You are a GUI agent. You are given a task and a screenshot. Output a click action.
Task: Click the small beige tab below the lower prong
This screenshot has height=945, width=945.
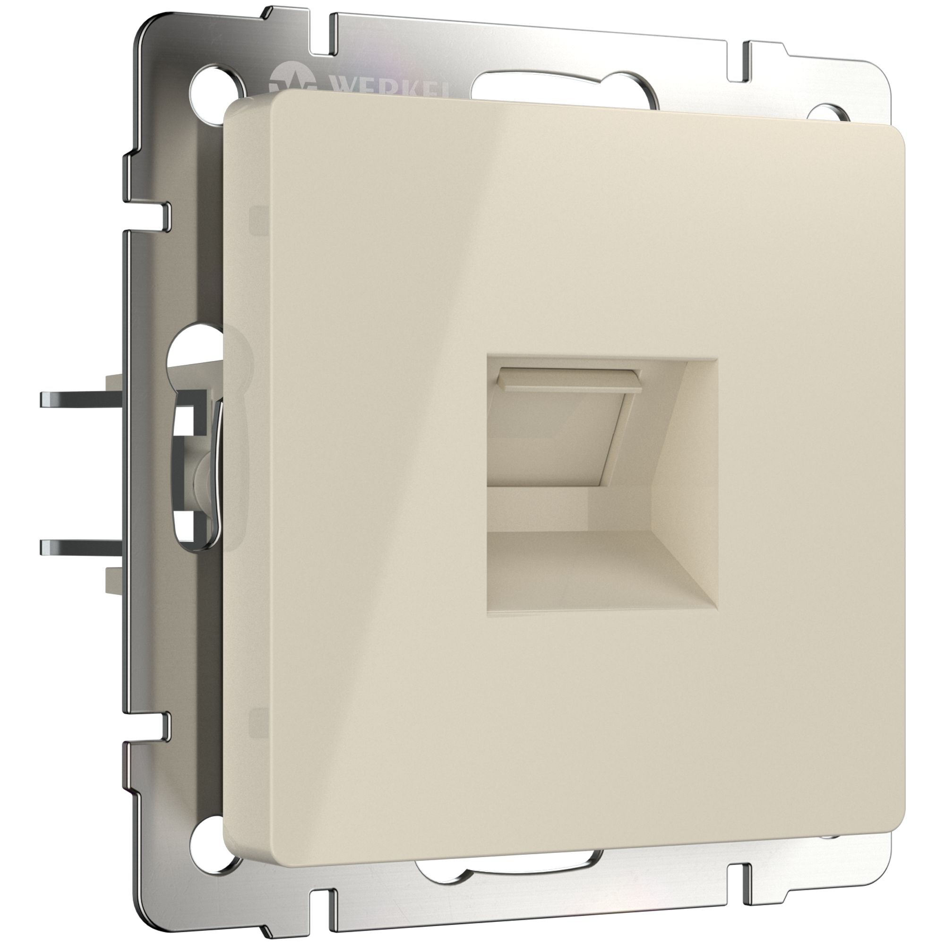tap(113, 580)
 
